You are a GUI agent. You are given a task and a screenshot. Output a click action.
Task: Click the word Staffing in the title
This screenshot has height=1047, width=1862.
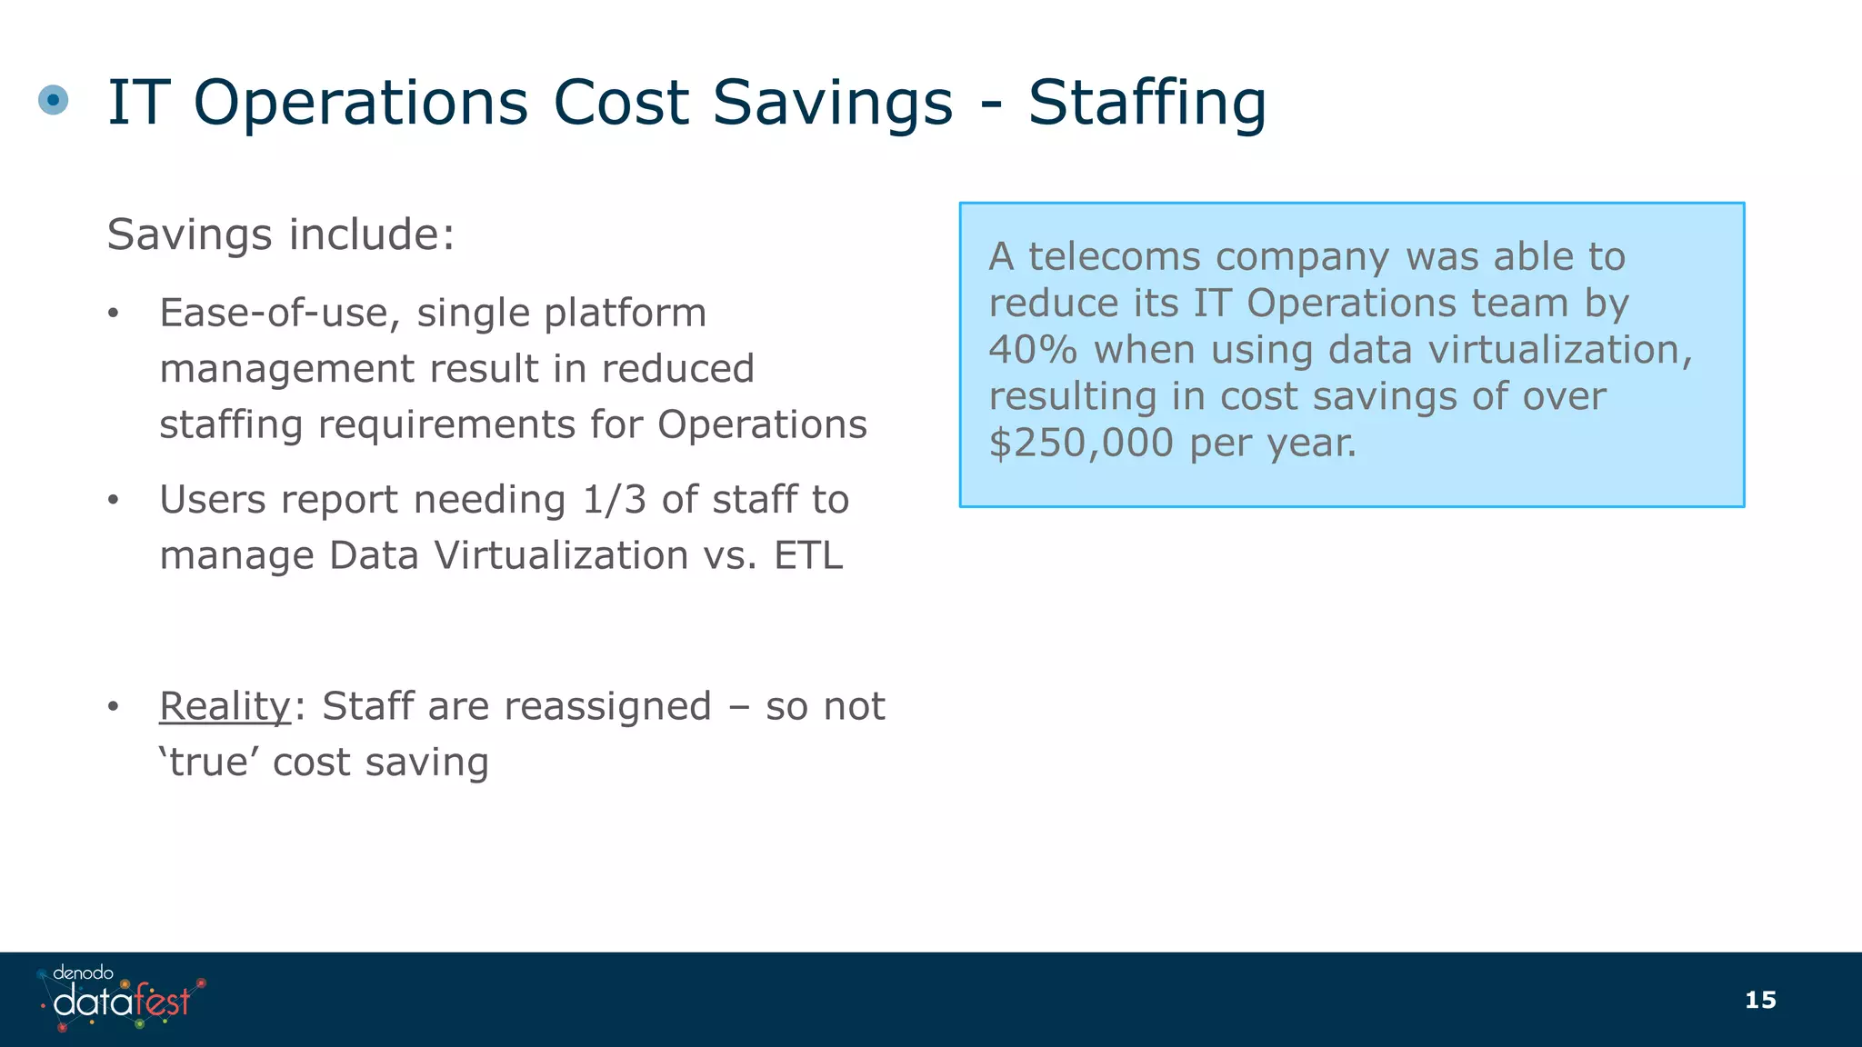pyautogui.click(x=1147, y=102)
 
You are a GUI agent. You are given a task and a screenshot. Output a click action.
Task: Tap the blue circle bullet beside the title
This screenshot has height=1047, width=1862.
pyautogui.click(x=54, y=99)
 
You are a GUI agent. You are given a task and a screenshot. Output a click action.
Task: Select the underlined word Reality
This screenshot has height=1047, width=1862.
pyautogui.click(x=225, y=706)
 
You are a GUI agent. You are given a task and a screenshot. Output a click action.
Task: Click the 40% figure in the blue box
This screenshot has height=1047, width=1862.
pyautogui.click(x=1033, y=350)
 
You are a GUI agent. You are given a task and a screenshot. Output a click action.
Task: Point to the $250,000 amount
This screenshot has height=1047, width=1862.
pyautogui.click(x=1081, y=443)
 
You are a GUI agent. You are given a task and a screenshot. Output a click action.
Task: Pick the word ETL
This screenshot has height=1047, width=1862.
pyautogui.click(x=808, y=555)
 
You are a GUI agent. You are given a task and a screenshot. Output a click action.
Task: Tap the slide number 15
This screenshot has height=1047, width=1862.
pyautogui.click(x=1760, y=1000)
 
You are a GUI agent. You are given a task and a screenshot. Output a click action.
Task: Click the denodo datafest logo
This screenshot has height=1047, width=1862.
pyautogui.click(x=122, y=998)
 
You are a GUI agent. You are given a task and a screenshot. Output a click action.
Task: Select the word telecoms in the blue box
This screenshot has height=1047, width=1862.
pyautogui.click(x=1117, y=256)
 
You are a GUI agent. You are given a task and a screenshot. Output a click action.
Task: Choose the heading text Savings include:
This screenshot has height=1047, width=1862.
pyautogui.click(x=281, y=234)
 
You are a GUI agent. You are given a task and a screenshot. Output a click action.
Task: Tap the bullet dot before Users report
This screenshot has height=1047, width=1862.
pyautogui.click(x=113, y=500)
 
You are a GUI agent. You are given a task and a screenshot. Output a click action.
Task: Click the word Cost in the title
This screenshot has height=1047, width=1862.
pyautogui.click(x=621, y=102)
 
